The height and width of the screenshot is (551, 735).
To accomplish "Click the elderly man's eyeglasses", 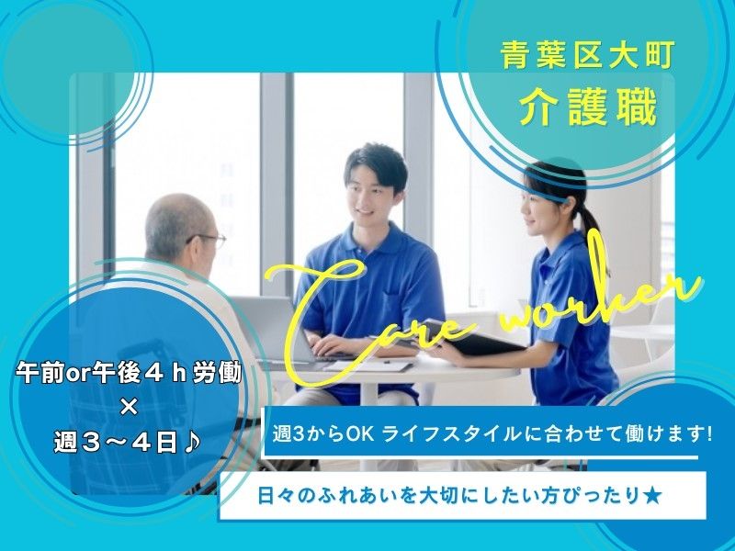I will point(209,242).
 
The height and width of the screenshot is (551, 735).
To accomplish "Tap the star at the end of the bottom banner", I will point(651,497).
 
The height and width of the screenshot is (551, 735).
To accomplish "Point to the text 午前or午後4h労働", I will point(128,376).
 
